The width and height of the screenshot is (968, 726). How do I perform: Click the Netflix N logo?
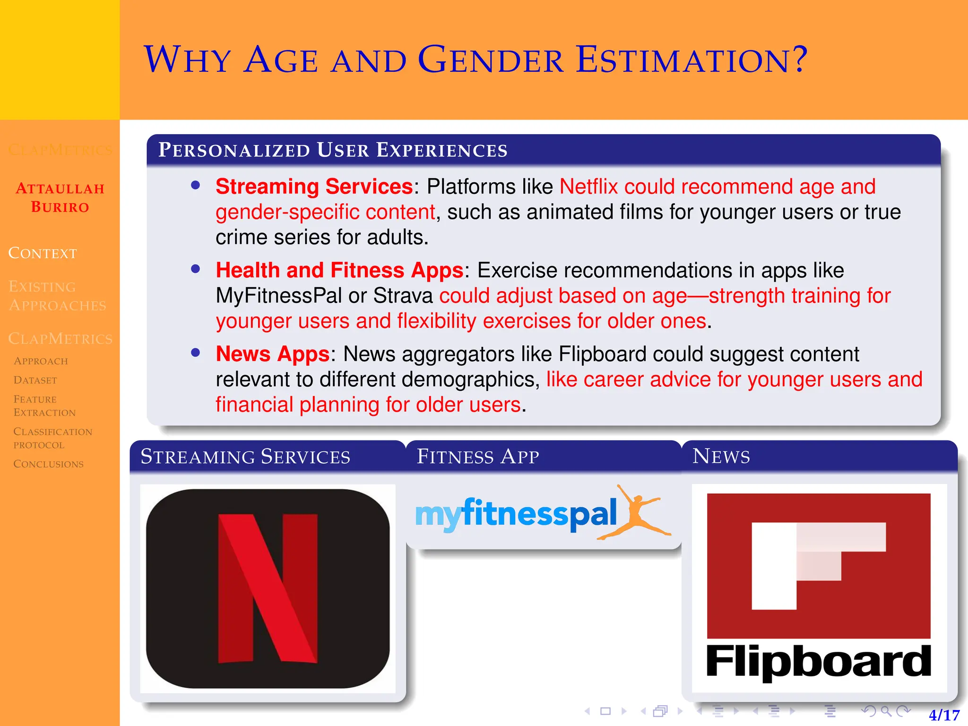[x=268, y=588]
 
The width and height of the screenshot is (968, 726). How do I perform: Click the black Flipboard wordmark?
[x=818, y=662]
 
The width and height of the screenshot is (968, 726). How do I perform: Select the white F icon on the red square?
[x=804, y=565]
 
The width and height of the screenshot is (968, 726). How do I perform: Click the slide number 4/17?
[x=944, y=715]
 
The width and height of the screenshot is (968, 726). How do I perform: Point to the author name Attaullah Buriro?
[x=60, y=198]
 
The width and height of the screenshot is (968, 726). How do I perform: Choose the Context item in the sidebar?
[x=43, y=253]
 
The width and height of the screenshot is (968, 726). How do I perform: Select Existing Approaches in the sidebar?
[x=57, y=296]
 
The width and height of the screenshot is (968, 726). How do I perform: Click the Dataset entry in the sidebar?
[x=35, y=380]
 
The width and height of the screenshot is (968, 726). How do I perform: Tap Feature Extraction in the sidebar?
[x=44, y=406]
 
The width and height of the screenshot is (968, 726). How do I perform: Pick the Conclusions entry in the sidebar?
[x=48, y=464]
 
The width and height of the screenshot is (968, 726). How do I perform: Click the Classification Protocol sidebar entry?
[x=52, y=438]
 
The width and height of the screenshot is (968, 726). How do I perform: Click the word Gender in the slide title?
[x=491, y=60]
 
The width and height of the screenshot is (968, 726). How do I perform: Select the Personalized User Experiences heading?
[x=333, y=150]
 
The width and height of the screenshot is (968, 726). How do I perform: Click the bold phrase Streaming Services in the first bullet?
[x=314, y=186]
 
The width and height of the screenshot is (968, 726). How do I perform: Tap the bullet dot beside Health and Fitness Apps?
[x=196, y=269]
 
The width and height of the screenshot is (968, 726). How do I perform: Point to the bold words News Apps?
[x=272, y=354]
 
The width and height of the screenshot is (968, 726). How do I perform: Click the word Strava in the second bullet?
[x=403, y=296]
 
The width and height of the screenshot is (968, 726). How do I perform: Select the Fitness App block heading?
[x=477, y=457]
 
